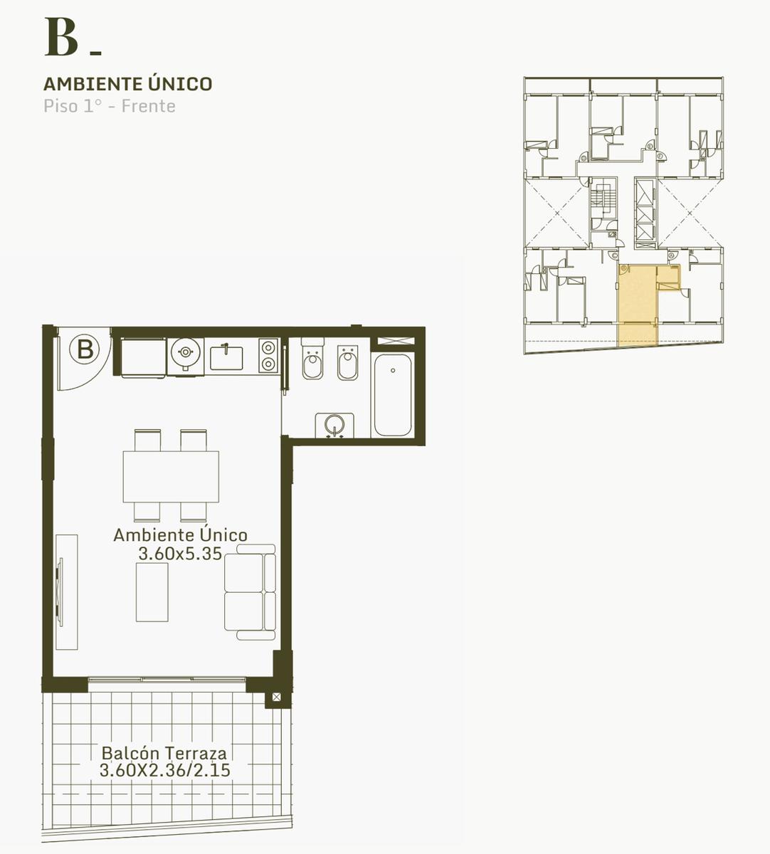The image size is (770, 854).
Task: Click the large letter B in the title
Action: [x=61, y=37]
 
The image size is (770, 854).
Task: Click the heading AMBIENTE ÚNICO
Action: [x=128, y=84]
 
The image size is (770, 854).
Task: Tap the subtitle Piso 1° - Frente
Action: [x=110, y=106]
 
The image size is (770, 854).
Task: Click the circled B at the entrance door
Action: [x=85, y=349]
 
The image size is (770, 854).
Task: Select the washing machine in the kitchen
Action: [x=185, y=357]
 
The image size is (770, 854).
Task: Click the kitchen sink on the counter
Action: [x=226, y=357]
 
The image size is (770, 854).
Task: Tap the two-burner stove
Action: [x=268, y=356]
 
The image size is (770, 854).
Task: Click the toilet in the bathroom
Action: [x=312, y=359]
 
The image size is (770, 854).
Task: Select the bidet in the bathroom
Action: [x=347, y=362]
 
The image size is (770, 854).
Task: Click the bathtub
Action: [x=393, y=395]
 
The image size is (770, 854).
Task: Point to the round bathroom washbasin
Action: [x=334, y=425]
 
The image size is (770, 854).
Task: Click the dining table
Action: [x=171, y=477]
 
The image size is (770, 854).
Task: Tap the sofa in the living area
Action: [x=250, y=592]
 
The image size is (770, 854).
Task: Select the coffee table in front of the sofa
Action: [x=152, y=592]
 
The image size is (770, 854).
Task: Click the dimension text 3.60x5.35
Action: [x=180, y=554]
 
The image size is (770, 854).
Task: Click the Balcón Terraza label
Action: [x=164, y=753]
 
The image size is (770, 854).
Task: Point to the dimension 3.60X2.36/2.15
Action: [x=165, y=770]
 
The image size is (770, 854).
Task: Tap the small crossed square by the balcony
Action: [x=276, y=697]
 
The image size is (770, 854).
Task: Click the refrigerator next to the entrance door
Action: [x=143, y=357]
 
